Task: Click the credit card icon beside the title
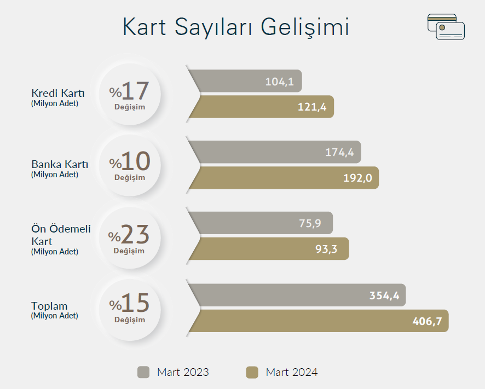click(446, 27)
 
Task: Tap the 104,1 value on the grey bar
click(280, 82)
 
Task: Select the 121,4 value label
click(312, 107)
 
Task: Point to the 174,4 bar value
click(339, 152)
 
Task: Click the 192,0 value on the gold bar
click(357, 178)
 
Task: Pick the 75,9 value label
click(310, 223)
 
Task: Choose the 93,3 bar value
click(326, 249)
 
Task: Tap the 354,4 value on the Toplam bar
click(384, 295)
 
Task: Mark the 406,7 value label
click(427, 321)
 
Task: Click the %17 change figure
click(129, 91)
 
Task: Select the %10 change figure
click(130, 161)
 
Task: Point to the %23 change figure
click(129, 235)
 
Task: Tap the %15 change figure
click(129, 303)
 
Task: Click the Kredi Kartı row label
click(58, 93)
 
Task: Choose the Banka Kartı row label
click(60, 164)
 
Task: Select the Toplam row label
click(49, 306)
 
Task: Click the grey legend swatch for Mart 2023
click(143, 372)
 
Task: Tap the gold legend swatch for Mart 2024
click(252, 372)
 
